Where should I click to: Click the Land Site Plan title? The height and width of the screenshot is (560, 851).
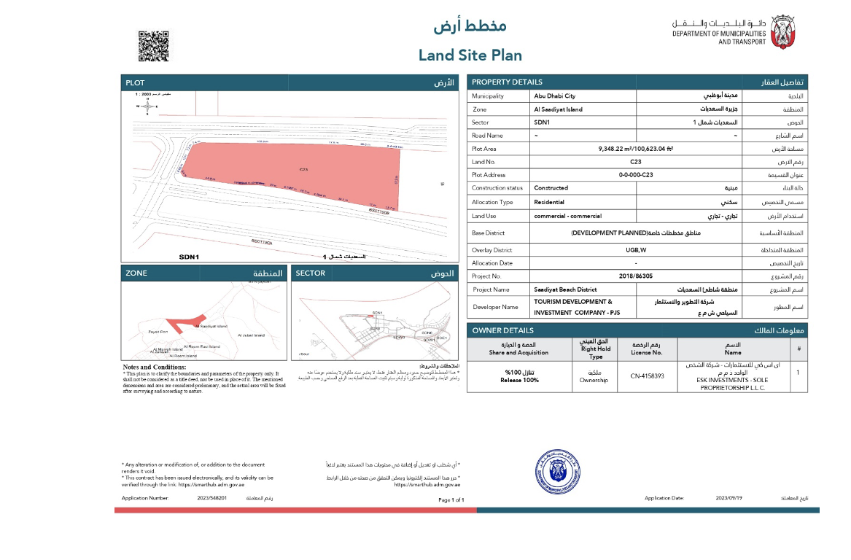[470, 55]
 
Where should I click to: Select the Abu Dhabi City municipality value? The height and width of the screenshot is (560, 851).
[554, 96]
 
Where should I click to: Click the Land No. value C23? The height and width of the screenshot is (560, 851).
[636, 162]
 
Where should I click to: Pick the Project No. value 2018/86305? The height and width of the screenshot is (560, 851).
[636, 276]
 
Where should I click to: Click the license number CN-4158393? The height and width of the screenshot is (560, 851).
[647, 376]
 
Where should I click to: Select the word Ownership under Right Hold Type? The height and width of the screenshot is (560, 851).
[594, 380]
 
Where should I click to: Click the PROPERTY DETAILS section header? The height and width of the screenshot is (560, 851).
[508, 82]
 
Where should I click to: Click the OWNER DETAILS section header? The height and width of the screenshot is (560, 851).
[498, 330]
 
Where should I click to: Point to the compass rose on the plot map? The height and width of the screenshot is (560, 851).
[148, 106]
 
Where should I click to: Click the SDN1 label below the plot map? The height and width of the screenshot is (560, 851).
[189, 257]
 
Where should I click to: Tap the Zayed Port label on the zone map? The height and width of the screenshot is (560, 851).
[158, 332]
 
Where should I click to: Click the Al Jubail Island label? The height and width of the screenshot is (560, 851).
[251, 335]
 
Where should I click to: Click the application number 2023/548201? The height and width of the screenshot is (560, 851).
[212, 498]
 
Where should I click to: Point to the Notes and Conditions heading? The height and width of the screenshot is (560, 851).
[154, 367]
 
